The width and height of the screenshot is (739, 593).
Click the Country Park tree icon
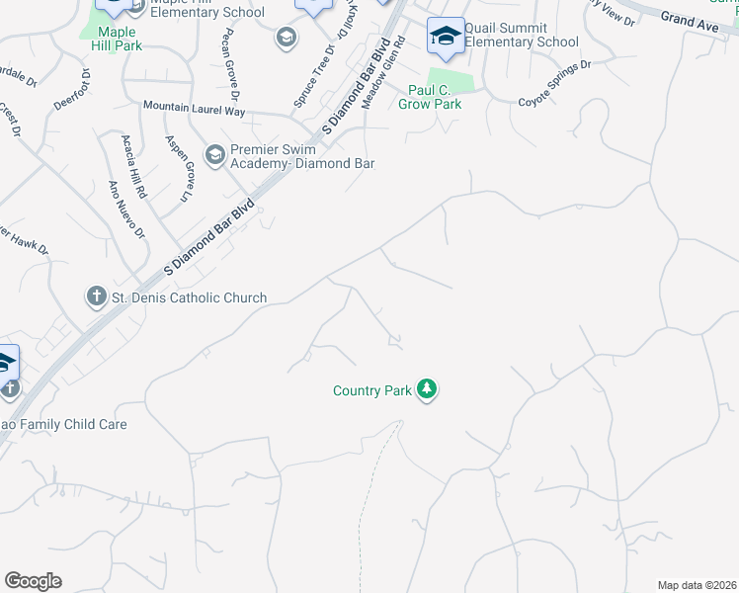[427, 390]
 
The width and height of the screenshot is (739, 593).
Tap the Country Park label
[371, 391]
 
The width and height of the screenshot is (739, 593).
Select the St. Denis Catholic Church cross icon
[97, 296]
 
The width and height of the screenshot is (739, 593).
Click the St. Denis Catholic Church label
[190, 297]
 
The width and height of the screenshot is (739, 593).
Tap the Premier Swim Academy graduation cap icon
[214, 155]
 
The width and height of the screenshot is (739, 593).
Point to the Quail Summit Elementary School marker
[445, 37]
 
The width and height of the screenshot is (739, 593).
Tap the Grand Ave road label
[690, 21]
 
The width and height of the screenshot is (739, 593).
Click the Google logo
[33, 581]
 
